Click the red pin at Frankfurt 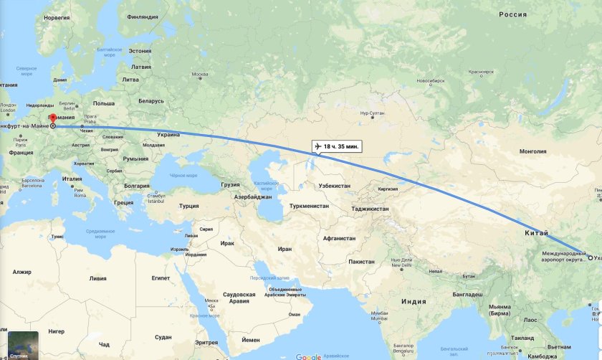52,118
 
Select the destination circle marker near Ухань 591,258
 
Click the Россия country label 512,14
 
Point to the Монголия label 532,151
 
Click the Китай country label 535,233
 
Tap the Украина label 169,134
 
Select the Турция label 189,206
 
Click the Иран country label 285,249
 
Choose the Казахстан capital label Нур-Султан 373,113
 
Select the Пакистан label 361,262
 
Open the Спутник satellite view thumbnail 19,344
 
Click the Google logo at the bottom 308,356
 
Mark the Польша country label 103,103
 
